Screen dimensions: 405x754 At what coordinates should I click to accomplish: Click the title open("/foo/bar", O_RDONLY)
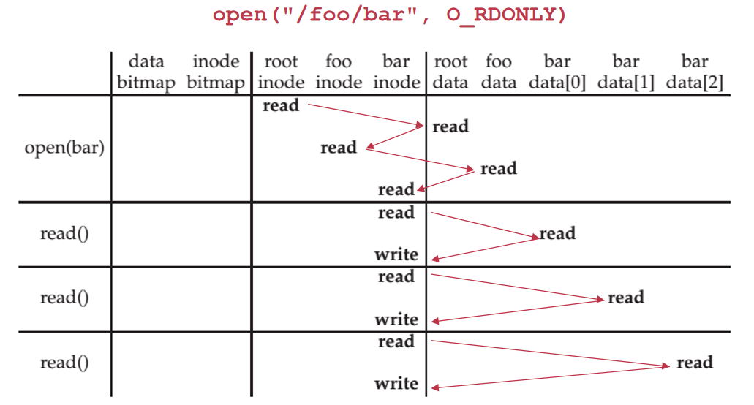point(389,15)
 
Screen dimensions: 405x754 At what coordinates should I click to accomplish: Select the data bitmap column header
point(146,72)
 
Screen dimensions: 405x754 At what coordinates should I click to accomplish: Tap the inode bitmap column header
point(216,72)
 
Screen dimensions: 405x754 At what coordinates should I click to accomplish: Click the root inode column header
point(281,72)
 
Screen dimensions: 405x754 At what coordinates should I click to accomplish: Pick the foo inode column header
point(339,72)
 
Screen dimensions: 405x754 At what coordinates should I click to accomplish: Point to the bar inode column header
point(396,72)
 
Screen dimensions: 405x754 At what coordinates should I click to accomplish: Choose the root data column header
point(450,72)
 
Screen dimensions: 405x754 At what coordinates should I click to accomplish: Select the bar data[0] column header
point(557,72)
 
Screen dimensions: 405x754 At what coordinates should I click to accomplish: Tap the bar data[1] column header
point(626,72)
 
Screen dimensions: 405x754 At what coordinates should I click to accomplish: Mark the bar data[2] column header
point(695,72)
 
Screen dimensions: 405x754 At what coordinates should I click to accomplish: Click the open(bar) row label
point(64,148)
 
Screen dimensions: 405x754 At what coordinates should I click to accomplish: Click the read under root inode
point(281,105)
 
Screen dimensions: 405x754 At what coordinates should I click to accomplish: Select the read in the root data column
point(450,126)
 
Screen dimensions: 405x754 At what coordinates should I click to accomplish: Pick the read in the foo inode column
point(339,148)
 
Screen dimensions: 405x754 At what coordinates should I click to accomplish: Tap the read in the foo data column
point(499,169)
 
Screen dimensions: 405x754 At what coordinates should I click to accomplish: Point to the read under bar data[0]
point(558,234)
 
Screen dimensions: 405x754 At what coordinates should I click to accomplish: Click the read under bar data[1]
point(626,298)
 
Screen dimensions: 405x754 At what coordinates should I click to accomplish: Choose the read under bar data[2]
point(695,363)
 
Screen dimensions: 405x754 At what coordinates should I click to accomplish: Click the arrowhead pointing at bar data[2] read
point(667,365)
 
